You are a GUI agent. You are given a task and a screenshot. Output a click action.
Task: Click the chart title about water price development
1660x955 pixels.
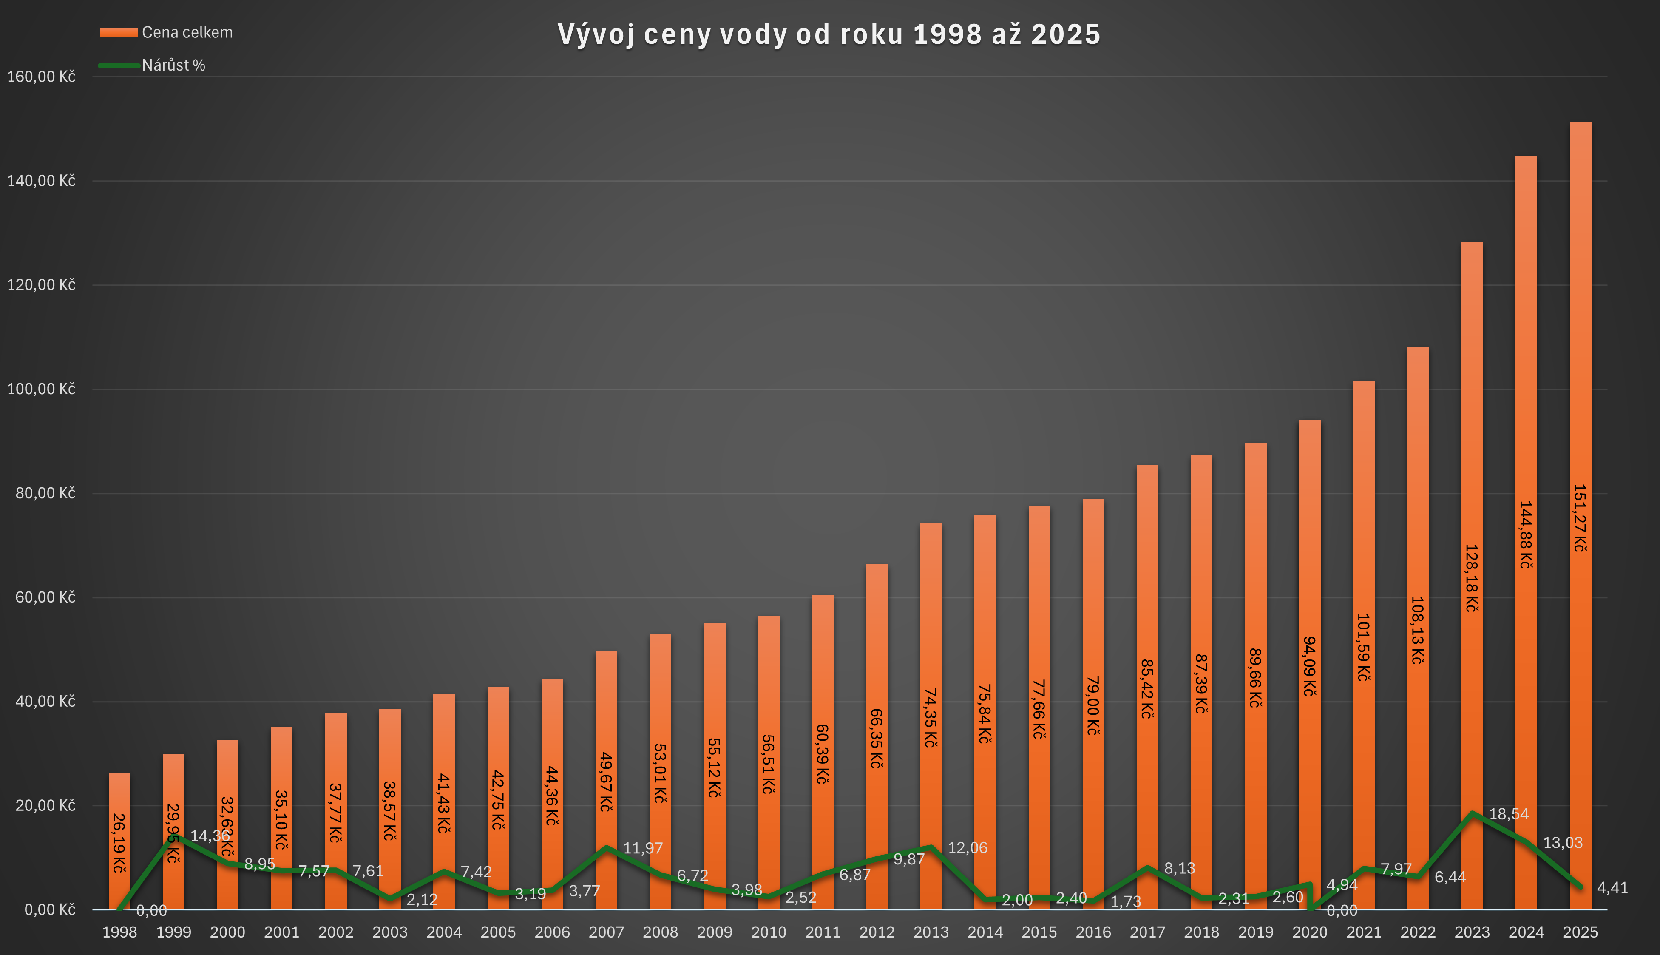click(x=829, y=34)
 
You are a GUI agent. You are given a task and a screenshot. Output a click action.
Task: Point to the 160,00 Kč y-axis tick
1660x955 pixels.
click(x=41, y=77)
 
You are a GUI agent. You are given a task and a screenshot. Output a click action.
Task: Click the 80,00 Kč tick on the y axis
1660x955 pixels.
click(x=45, y=493)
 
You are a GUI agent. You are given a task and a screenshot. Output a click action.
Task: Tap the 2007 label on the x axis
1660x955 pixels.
click(x=606, y=932)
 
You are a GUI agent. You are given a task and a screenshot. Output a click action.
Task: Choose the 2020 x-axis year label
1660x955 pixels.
click(x=1309, y=932)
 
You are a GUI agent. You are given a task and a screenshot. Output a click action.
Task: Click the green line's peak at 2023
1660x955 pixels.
click(x=1473, y=813)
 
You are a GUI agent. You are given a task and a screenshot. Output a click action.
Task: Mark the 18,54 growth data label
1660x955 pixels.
click(x=1509, y=814)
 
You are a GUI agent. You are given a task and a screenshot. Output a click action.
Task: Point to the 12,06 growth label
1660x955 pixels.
click(x=967, y=848)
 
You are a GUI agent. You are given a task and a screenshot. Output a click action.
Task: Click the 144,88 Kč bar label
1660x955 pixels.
click(x=1526, y=534)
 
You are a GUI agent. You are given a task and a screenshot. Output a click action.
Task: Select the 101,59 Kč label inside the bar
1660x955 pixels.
click(x=1364, y=648)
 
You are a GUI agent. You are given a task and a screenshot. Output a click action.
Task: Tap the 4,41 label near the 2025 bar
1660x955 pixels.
click(x=1612, y=887)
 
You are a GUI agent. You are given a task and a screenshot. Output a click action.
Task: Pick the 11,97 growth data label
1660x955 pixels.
click(x=642, y=848)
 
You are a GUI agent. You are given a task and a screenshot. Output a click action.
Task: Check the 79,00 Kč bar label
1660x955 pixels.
click(x=1093, y=705)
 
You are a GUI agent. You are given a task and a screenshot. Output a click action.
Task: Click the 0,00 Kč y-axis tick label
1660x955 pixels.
click(x=50, y=910)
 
